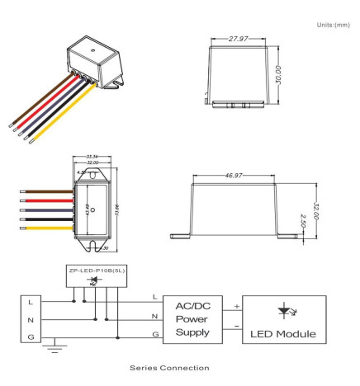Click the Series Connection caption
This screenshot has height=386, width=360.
[179, 367]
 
